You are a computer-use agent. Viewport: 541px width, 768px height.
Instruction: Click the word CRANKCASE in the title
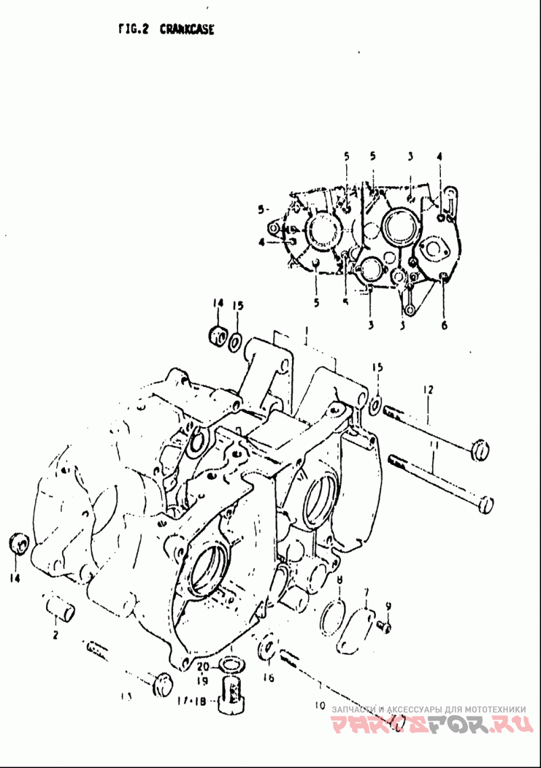pyautogui.click(x=187, y=30)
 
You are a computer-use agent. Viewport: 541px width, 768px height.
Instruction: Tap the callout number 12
pyautogui.click(x=427, y=390)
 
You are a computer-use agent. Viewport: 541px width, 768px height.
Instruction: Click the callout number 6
pyautogui.click(x=444, y=325)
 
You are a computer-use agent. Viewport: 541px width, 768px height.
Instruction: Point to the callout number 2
pyautogui.click(x=55, y=635)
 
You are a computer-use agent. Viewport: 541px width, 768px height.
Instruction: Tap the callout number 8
pyautogui.click(x=339, y=579)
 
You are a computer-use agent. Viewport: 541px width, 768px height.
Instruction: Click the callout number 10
pyautogui.click(x=320, y=706)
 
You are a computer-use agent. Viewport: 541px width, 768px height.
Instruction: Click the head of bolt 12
pyautogui.click(x=479, y=448)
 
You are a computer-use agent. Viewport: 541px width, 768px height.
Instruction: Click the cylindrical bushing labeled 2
pyautogui.click(x=61, y=607)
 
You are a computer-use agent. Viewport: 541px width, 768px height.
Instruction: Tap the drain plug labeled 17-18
pyautogui.click(x=231, y=693)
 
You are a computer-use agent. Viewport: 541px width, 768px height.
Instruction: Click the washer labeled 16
pyautogui.click(x=267, y=648)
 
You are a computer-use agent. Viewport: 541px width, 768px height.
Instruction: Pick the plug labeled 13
pyautogui.click(x=162, y=684)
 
